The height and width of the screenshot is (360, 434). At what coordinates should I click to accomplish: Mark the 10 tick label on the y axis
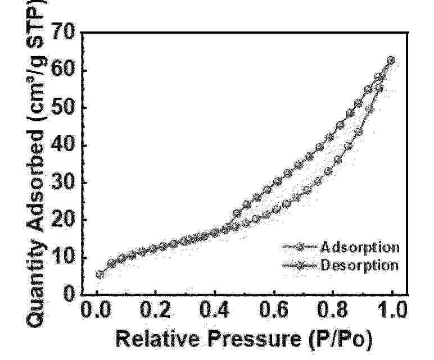(64, 256)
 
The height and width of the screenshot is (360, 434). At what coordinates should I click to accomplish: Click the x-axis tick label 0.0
(95, 309)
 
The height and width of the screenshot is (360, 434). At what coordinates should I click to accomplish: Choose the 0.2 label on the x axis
(155, 309)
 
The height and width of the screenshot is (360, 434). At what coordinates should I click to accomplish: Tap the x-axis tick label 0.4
(215, 309)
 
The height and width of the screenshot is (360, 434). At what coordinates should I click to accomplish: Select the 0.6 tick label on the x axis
(274, 309)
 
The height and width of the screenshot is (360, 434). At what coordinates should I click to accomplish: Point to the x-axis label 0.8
(333, 309)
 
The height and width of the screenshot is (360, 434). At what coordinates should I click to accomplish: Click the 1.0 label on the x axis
(392, 309)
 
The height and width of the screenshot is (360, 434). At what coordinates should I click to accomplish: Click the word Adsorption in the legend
(360, 247)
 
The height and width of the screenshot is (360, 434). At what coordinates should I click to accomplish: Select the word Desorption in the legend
(359, 265)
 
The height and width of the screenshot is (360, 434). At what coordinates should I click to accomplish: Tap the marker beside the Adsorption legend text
(300, 247)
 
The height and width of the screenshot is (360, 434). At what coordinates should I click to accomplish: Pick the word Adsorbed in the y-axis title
(35, 181)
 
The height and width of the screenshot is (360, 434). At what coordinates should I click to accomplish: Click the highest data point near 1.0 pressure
(391, 60)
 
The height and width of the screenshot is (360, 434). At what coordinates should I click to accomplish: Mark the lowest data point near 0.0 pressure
(100, 275)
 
